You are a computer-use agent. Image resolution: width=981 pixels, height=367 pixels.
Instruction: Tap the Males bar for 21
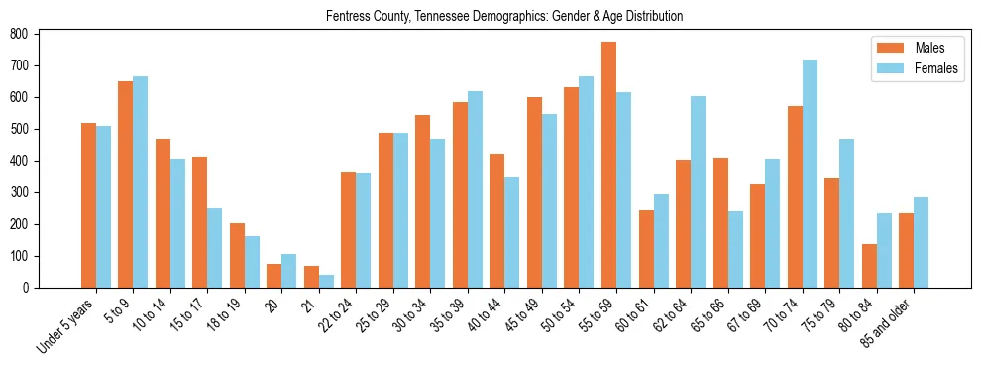[311, 277]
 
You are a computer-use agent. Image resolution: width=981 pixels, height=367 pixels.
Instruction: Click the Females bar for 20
[289, 271]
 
